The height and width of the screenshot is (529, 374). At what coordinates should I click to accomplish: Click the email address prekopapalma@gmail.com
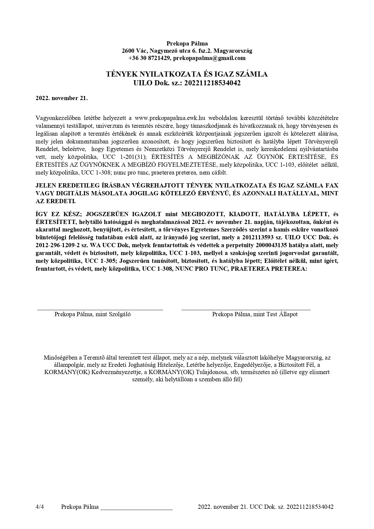point(209,58)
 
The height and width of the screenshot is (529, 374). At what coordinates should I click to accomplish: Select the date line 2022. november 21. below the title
point(62,98)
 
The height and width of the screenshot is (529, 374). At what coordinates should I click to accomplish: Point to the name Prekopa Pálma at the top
point(187,43)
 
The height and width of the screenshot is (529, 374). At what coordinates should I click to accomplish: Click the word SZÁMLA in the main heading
point(252,74)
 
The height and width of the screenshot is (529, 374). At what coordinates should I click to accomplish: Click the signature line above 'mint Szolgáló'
point(100,309)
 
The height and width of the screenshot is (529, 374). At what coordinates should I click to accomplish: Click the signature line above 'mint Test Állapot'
point(246,309)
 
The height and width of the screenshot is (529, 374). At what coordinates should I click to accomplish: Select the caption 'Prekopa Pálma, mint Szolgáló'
point(93,314)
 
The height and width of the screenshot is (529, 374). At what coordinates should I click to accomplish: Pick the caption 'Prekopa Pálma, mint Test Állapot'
point(255,314)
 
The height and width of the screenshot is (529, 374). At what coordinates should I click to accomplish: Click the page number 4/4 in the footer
point(40,507)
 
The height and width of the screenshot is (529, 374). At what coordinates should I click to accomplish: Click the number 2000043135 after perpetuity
point(268,245)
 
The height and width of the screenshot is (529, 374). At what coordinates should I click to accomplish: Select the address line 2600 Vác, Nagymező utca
point(187,51)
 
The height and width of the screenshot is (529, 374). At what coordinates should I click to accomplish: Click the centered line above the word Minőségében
point(187,352)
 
